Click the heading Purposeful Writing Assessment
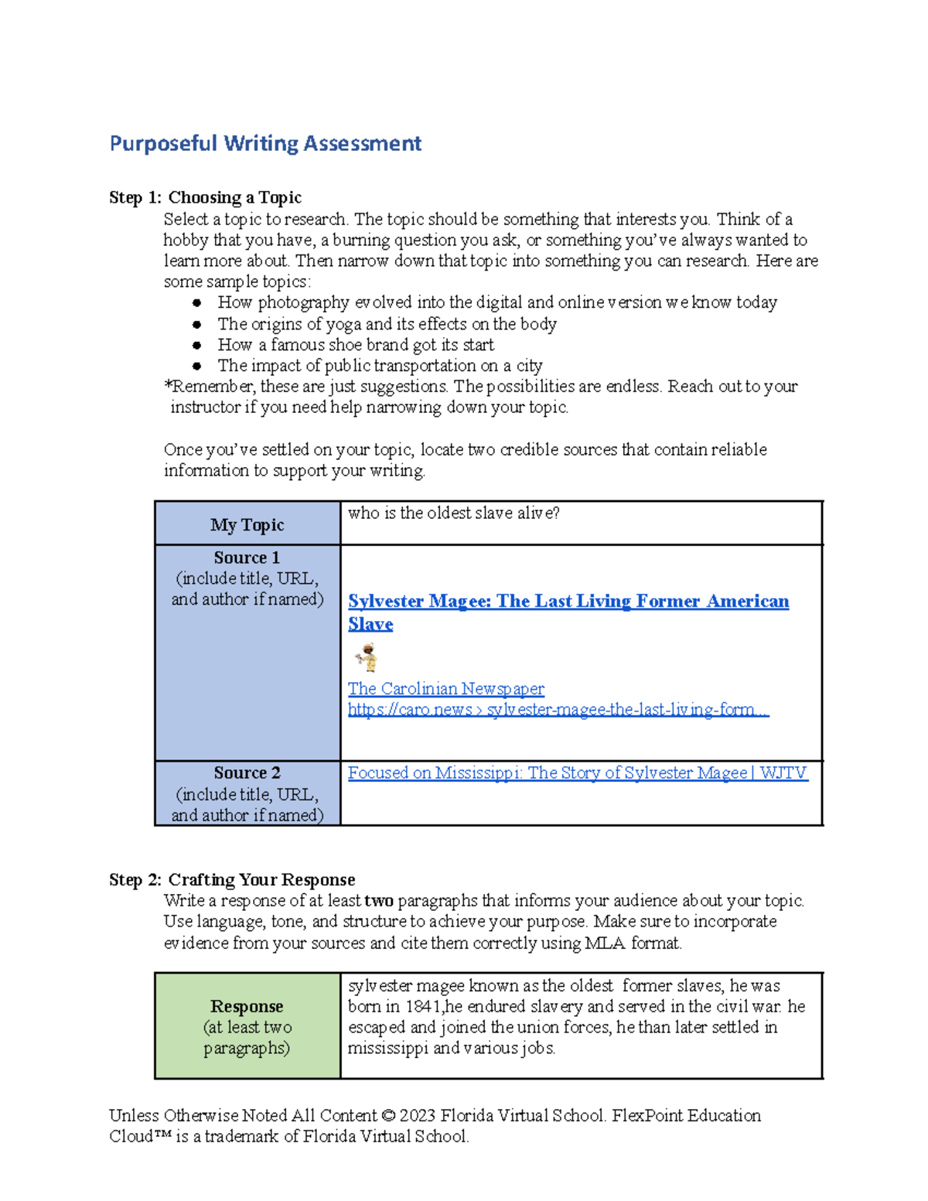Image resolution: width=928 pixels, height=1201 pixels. click(x=265, y=144)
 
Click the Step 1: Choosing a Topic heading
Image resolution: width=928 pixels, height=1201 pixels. click(x=205, y=198)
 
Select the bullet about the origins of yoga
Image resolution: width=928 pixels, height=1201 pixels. click(x=387, y=324)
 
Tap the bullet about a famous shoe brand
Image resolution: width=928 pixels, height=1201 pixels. click(x=356, y=345)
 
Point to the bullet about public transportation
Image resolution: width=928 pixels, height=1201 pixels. click(x=380, y=366)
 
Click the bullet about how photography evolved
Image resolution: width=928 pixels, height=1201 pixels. click(x=496, y=302)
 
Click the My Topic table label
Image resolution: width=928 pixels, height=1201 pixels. click(x=247, y=525)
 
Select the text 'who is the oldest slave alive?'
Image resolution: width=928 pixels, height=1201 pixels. click(x=453, y=513)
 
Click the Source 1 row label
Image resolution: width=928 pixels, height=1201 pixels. click(x=247, y=558)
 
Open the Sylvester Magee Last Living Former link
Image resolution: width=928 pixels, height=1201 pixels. click(x=568, y=602)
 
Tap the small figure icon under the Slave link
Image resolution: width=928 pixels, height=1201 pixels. click(x=367, y=657)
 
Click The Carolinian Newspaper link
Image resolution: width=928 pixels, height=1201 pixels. click(x=445, y=689)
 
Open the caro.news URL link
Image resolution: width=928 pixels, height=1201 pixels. click(x=558, y=710)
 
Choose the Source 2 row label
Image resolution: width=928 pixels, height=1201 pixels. click(x=247, y=773)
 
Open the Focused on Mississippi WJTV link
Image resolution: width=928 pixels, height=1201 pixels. click(x=577, y=773)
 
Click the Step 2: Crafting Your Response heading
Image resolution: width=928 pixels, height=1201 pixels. click(x=232, y=880)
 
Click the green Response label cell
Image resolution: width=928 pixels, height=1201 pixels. click(x=247, y=1026)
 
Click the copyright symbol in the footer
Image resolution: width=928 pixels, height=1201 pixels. click(x=388, y=1116)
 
